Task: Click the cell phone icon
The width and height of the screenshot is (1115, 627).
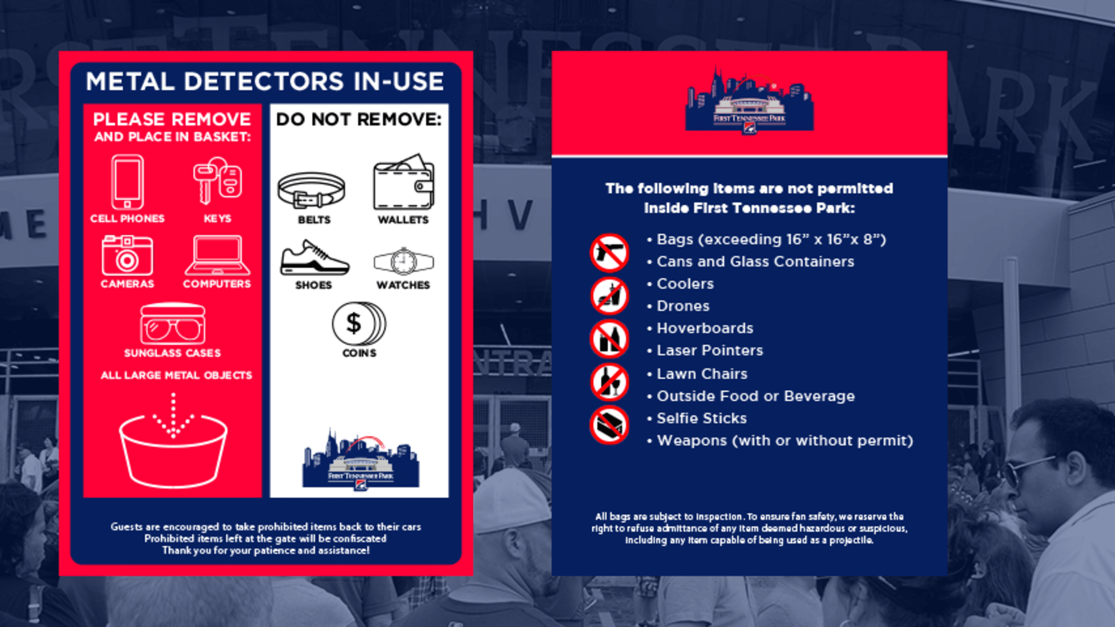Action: coord(127,182)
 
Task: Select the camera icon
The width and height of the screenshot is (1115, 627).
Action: coord(127,255)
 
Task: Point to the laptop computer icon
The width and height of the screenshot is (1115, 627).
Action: coord(217,255)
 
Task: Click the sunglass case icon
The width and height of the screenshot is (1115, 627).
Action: coord(173,324)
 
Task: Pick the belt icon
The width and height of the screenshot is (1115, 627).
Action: coord(312,190)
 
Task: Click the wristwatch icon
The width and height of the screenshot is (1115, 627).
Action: coord(403,262)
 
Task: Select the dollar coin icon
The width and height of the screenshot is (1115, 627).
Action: coord(359,324)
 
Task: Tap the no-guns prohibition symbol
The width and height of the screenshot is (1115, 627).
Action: coord(610,252)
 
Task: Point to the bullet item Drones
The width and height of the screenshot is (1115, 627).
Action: coord(683,306)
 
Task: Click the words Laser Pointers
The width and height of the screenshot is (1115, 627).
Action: coord(709,350)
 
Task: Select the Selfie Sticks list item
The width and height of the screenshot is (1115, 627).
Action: coord(701,418)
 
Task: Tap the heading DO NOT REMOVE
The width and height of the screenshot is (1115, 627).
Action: coord(359,119)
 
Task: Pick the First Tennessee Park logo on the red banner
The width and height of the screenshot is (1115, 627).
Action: coord(749,101)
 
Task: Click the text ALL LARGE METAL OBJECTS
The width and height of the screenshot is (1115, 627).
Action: coord(176,375)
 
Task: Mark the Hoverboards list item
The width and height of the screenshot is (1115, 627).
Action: coord(705,328)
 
